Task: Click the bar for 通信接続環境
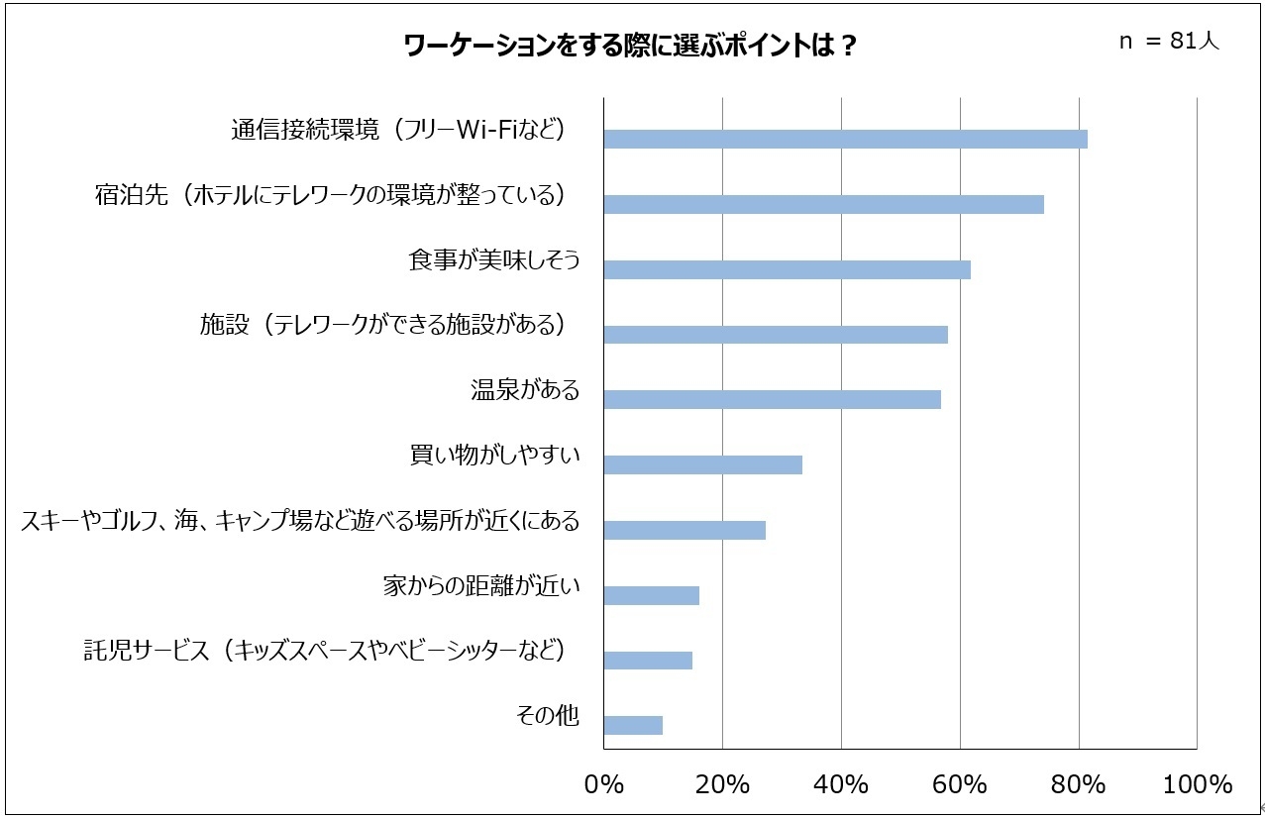point(845,139)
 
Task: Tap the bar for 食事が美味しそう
point(787,269)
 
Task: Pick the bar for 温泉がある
point(772,399)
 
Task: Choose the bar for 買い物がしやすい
point(702,464)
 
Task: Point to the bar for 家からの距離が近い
point(651,595)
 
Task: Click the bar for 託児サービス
point(648,661)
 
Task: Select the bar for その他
point(633,725)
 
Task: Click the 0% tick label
point(604,784)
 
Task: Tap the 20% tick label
point(722,784)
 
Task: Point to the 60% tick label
point(959,784)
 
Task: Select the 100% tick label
point(1197,784)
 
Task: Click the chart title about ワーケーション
point(630,46)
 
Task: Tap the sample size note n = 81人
point(1168,43)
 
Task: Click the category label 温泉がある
point(524,390)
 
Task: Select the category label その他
point(548,716)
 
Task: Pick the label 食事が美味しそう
point(493,260)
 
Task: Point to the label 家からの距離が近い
point(480,586)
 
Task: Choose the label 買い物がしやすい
point(493,456)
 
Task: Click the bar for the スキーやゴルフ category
point(685,530)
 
